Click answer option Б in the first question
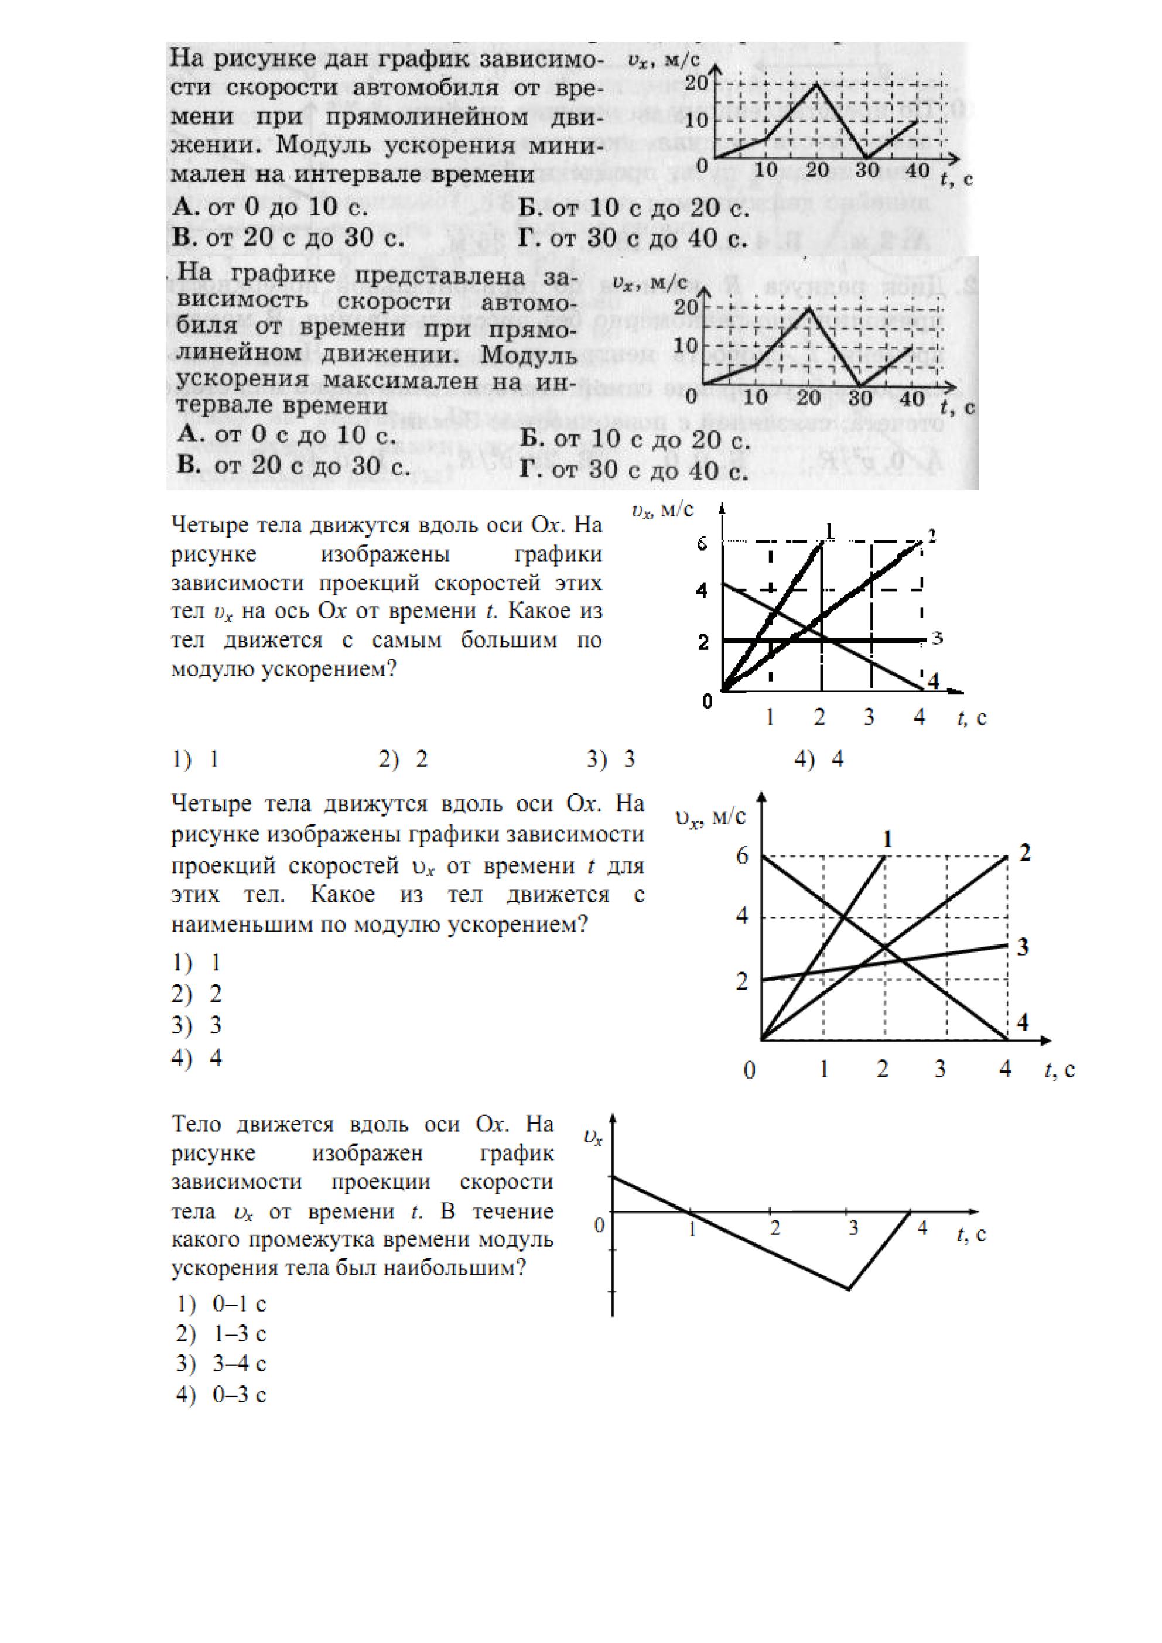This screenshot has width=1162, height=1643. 634,208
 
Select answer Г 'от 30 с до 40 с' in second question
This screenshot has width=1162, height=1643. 634,470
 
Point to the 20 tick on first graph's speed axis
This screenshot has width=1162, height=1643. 696,83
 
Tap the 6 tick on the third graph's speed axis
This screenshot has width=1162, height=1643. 702,544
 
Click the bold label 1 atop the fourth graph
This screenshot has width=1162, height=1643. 888,838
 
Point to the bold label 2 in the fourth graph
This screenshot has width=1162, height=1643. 1024,853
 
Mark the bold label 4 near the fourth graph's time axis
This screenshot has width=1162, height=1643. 1023,1022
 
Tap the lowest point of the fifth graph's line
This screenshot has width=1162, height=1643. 849,1289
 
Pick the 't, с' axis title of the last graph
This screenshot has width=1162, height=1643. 971,1234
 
